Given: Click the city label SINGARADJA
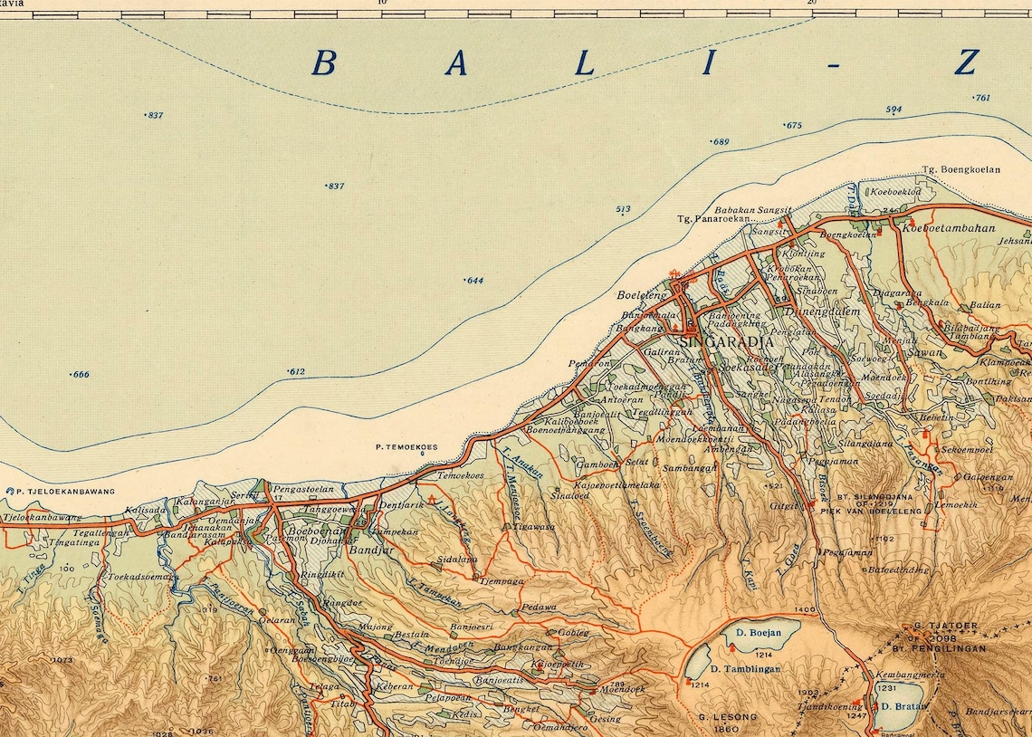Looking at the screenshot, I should [727, 343].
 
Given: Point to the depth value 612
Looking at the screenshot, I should [296, 371].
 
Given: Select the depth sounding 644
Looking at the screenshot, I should [473, 280].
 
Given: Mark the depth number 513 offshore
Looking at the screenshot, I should [623, 209].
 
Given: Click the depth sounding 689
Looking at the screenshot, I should [720, 141].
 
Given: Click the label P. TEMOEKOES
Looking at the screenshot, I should [406, 446].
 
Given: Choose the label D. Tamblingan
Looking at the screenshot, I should [745, 668].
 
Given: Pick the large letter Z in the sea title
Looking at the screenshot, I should [966, 63].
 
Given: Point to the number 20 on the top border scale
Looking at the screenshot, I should [811, 4].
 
